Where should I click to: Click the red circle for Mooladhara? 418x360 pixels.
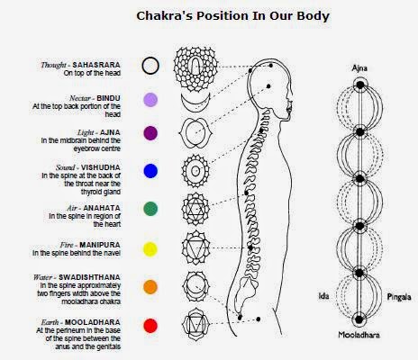tap(150, 325)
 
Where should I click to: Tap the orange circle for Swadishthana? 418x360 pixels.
tap(150, 286)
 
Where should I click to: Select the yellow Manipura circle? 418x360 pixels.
tap(150, 247)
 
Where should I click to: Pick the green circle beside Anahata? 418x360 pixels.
tap(150, 208)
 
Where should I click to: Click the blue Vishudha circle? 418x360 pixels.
tap(150, 170)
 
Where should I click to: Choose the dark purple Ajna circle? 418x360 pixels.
tap(150, 133)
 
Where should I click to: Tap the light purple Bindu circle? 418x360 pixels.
tap(150, 100)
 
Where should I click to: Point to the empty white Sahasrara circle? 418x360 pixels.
tap(150, 66)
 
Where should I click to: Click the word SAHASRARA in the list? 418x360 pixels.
tap(106, 65)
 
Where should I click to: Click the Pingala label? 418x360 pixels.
tap(396, 296)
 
